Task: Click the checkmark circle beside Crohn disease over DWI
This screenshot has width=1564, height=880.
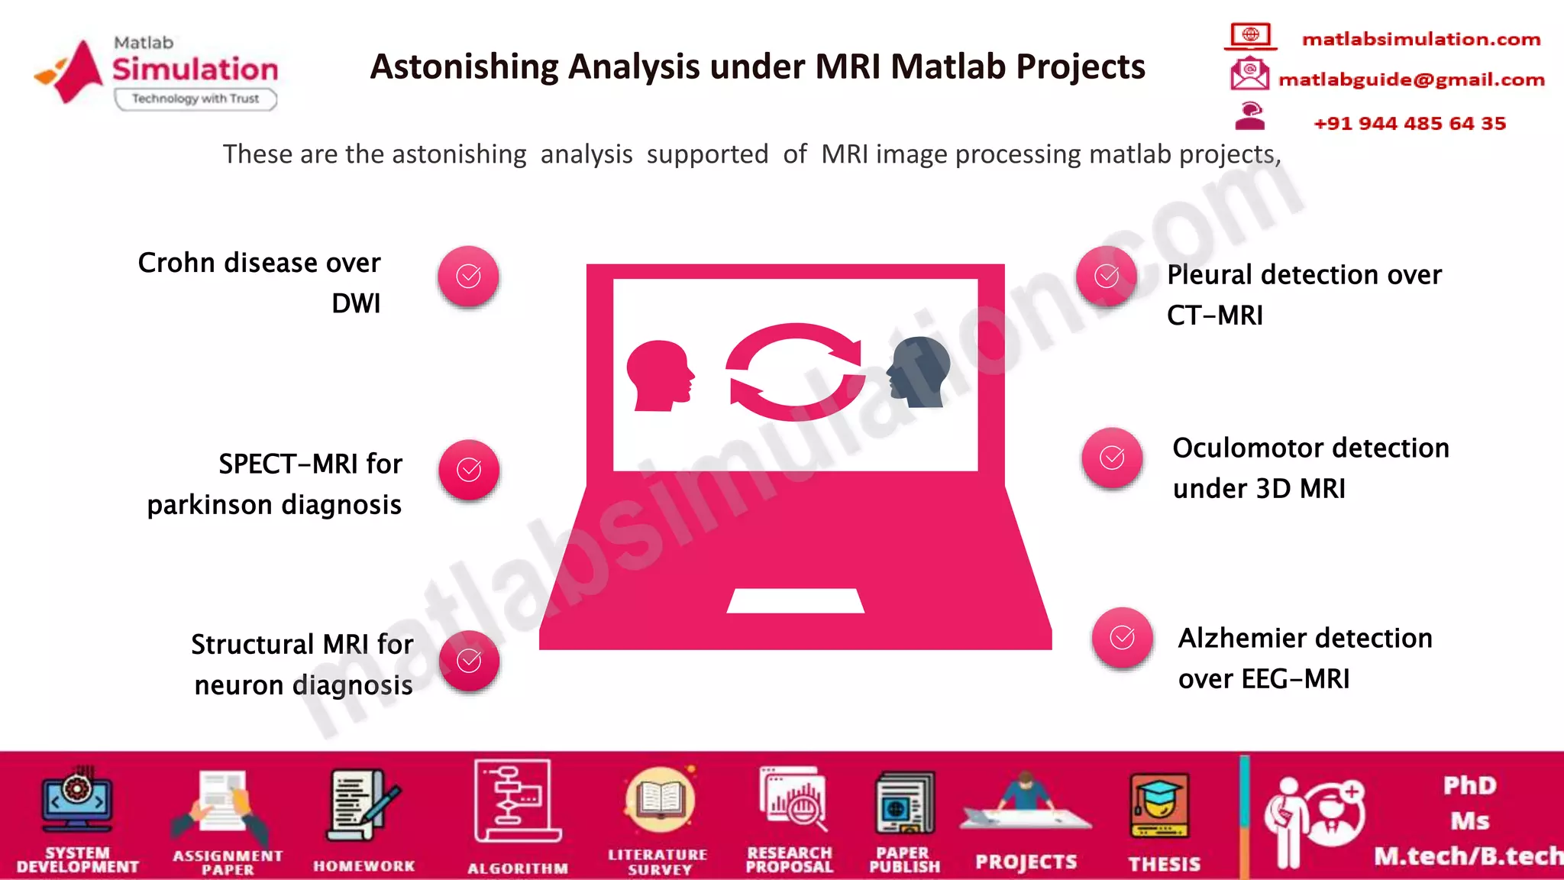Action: point(468,276)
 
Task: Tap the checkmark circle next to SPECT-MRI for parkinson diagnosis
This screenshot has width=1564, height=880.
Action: point(469,470)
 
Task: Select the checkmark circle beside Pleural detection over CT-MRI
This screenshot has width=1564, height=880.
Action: point(1107,276)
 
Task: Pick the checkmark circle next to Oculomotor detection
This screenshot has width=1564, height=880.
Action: point(1112,458)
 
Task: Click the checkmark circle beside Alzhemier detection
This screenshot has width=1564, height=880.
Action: point(1122,637)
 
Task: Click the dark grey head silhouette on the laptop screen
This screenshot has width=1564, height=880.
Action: point(919,371)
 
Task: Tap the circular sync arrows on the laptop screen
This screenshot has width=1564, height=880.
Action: point(795,372)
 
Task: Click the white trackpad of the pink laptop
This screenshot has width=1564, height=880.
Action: point(795,600)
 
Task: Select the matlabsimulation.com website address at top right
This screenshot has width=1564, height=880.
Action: point(1420,39)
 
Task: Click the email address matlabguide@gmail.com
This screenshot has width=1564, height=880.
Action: point(1411,79)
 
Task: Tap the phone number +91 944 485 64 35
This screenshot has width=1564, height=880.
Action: point(1409,123)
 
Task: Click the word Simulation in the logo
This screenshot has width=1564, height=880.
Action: point(195,70)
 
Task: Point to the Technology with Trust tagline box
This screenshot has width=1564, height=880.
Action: point(195,99)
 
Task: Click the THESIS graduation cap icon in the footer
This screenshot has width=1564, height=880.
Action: point(1159,806)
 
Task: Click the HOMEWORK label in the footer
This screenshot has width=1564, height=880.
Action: point(364,865)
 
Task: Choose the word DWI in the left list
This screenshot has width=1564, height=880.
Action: point(356,303)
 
